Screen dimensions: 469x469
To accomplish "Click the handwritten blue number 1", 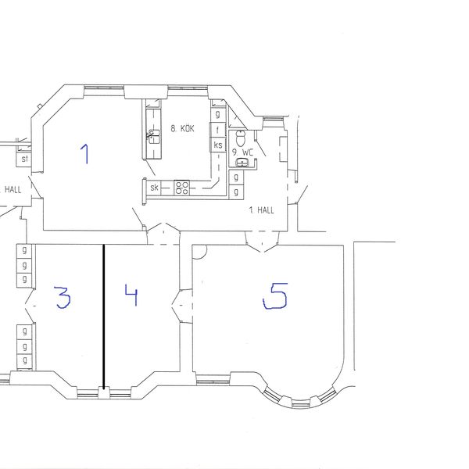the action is (x=85, y=154).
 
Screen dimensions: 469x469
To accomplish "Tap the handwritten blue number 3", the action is (x=63, y=297).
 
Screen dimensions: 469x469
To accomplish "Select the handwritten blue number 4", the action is (x=131, y=295).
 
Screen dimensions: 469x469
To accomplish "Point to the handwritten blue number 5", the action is (x=275, y=295).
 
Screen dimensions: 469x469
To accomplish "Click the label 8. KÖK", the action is (x=182, y=129).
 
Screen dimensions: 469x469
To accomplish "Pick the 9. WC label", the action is (x=243, y=152).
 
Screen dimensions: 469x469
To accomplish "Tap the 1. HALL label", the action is (x=261, y=210).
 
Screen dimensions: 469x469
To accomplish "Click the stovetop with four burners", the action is (x=182, y=188).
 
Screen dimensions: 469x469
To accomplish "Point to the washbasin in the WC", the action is (x=242, y=163).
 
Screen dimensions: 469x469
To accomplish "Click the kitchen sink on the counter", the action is (x=154, y=137).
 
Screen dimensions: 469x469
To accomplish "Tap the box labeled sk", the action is (x=154, y=188).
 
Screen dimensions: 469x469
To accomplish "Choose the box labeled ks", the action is (x=218, y=145).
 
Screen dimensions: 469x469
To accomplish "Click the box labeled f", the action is (x=218, y=130).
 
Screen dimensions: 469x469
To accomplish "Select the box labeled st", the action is (x=24, y=159).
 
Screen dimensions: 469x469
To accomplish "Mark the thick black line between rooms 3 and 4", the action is (x=103, y=317).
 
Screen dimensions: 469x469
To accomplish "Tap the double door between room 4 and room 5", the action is (x=182, y=306).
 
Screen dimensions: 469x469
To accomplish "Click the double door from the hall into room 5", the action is (x=262, y=242).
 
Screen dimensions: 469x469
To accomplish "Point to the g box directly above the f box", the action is (x=218, y=115).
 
